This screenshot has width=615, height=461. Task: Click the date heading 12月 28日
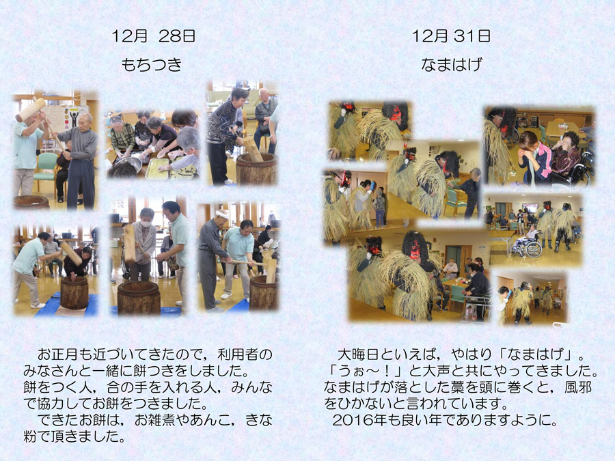click(153, 36)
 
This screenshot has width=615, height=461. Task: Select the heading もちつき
click(152, 64)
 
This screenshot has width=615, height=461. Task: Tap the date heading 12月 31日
click(451, 36)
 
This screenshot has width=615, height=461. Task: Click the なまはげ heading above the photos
click(451, 64)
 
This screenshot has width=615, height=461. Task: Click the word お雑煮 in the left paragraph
click(154, 420)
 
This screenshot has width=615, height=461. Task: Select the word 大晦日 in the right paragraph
click(357, 354)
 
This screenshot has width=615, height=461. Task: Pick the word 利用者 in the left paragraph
click(238, 354)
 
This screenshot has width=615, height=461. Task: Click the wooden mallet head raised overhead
click(31, 110)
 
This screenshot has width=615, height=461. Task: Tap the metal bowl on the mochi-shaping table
click(128, 165)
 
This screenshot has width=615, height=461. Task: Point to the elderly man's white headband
click(222, 214)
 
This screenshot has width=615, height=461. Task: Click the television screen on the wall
click(530, 208)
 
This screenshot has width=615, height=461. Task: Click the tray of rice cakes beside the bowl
click(157, 169)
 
